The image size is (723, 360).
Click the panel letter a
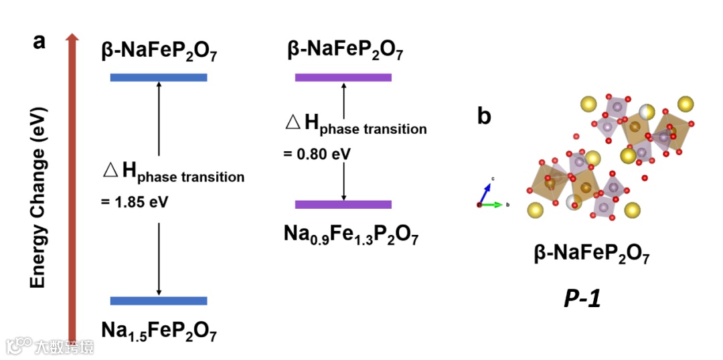(x=39, y=41)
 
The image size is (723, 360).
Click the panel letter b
(x=484, y=116)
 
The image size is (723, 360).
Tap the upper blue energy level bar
(x=159, y=78)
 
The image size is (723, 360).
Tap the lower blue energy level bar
(x=159, y=300)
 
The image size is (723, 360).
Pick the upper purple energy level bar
(x=343, y=78)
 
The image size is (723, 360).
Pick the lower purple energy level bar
(x=343, y=204)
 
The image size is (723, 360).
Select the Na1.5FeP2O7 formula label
(x=159, y=331)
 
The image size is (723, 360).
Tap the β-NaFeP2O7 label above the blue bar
(x=159, y=52)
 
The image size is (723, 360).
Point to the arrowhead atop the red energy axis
(x=72, y=39)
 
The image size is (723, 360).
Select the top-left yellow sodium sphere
(x=588, y=104)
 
